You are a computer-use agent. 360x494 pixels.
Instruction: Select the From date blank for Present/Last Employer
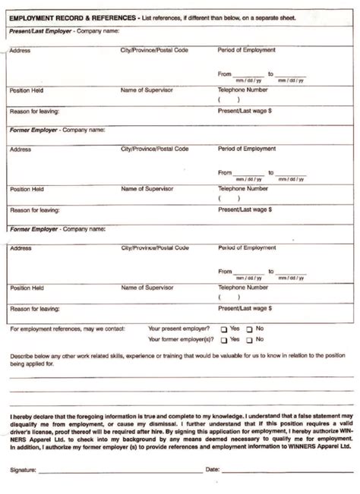(x=248, y=74)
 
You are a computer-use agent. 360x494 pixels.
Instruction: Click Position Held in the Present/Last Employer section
(x=27, y=90)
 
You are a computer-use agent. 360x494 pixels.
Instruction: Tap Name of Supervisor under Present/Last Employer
(x=147, y=90)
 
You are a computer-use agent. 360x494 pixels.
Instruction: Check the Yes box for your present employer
(x=224, y=329)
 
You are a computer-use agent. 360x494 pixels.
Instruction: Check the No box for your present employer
(x=249, y=329)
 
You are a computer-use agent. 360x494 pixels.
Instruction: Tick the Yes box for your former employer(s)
(x=224, y=340)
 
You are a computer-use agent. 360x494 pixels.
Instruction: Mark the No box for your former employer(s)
(x=249, y=340)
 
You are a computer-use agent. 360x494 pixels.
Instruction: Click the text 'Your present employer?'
(x=179, y=329)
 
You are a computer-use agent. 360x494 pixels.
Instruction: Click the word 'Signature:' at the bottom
(x=23, y=470)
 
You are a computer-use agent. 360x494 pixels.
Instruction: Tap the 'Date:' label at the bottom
(x=213, y=470)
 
